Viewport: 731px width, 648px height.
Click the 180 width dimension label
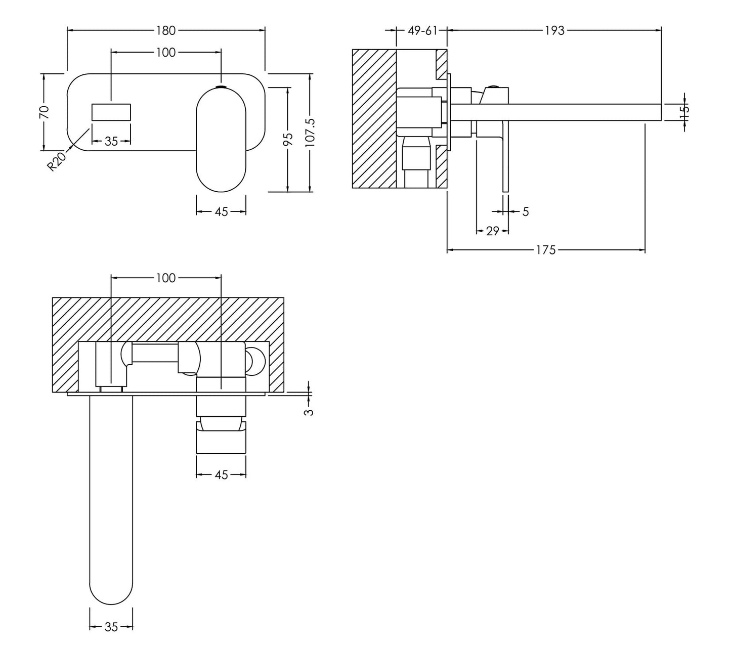pyautogui.click(x=165, y=30)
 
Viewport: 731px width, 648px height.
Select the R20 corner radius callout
pyautogui.click(x=57, y=161)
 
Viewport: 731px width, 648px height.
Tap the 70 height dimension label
pyautogui.click(x=45, y=112)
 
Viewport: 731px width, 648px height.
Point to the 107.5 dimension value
pyautogui.click(x=310, y=133)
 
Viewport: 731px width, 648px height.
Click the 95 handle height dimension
pyautogui.click(x=287, y=139)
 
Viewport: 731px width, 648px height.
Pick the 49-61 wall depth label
pyautogui.click(x=422, y=30)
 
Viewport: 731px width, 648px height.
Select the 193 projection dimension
pyautogui.click(x=554, y=30)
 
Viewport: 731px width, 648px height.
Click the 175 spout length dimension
pyautogui.click(x=546, y=250)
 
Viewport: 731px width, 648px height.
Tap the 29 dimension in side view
pyautogui.click(x=492, y=231)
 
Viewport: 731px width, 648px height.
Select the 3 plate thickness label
pyautogui.click(x=309, y=412)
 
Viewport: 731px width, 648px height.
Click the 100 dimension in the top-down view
pyautogui.click(x=165, y=278)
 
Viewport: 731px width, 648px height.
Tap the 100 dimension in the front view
pyautogui.click(x=165, y=52)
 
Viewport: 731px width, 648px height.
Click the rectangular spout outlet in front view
pyautogui.click(x=111, y=112)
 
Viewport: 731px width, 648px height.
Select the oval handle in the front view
pyautogui.click(x=221, y=139)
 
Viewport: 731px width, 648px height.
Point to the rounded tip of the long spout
pyautogui.click(x=111, y=592)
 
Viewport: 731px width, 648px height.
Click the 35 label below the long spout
pyautogui.click(x=111, y=627)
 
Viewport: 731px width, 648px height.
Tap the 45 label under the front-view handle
pyautogui.click(x=221, y=211)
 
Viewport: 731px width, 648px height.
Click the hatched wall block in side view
pyautogui.click(x=374, y=119)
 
